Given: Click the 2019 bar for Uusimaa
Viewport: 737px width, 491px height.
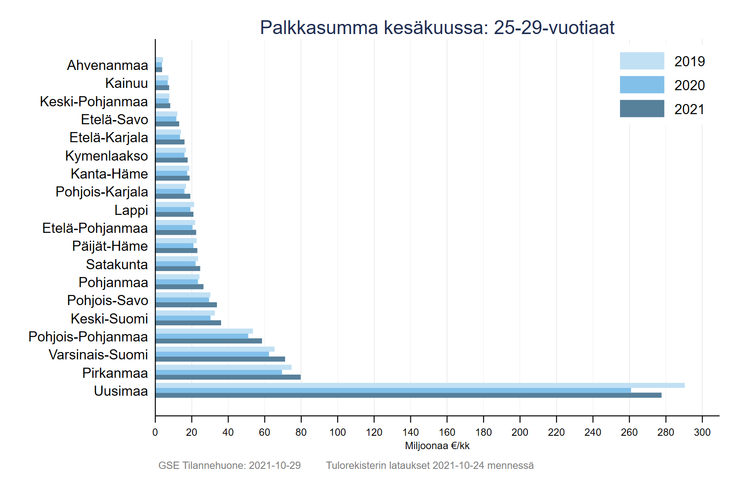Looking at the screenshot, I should (x=420, y=385).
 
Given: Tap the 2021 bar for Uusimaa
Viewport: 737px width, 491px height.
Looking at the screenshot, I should (x=408, y=395).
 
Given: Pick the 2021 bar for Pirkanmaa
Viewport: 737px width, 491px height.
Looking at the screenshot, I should (x=228, y=377).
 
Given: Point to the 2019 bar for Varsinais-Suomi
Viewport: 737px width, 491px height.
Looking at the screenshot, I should (x=215, y=349).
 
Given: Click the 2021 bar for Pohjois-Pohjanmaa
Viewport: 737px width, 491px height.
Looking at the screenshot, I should (x=209, y=341).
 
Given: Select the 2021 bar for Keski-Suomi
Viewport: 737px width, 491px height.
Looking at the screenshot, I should (x=188, y=323).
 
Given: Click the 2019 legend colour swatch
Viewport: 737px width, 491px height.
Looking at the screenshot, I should (x=642, y=61).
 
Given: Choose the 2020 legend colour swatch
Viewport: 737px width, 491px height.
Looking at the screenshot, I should (x=642, y=85).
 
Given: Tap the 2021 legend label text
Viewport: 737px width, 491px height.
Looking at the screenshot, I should (x=689, y=110).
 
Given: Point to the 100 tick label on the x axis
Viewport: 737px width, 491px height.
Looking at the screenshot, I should (x=338, y=432).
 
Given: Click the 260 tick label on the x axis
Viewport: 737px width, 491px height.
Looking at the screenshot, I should (x=629, y=432).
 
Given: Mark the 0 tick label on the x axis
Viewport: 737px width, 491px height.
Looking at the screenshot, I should (x=155, y=432).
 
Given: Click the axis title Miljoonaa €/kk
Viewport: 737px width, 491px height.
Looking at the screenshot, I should (x=437, y=446).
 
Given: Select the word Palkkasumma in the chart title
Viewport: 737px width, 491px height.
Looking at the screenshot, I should (x=319, y=28).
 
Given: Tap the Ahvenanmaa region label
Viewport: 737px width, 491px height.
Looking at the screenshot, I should (x=107, y=65).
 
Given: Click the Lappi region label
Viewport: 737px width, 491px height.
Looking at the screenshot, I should (x=131, y=210).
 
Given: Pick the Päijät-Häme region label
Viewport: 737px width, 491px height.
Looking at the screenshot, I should (x=110, y=246).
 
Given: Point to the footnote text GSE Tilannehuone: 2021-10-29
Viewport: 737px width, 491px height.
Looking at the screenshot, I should (x=229, y=465).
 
